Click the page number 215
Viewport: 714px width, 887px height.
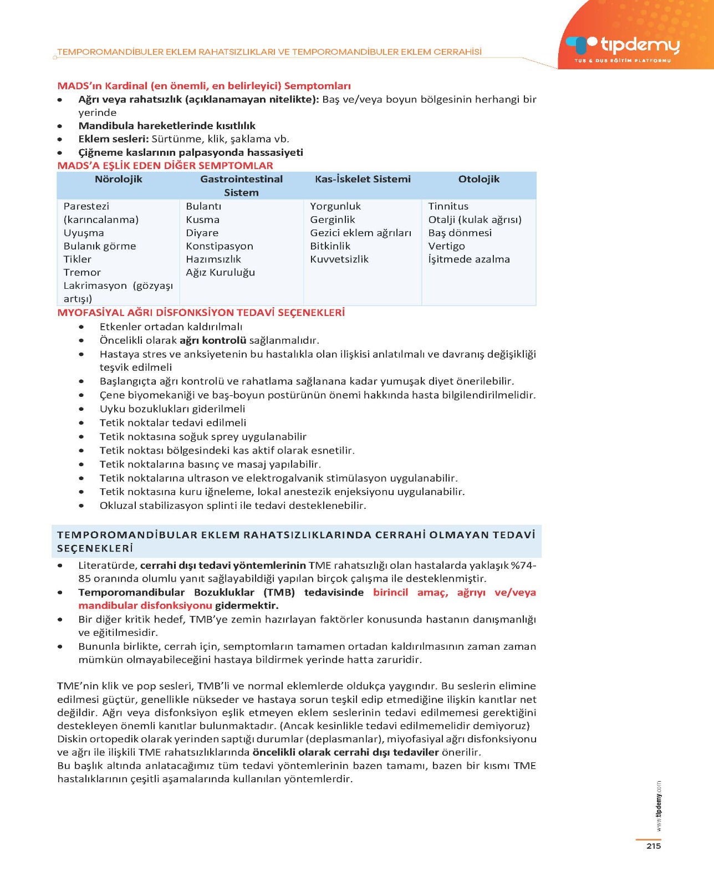point(654,846)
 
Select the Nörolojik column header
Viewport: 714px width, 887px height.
point(118,179)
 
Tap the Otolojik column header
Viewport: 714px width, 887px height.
point(478,179)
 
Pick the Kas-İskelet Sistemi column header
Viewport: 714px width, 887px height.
point(363,179)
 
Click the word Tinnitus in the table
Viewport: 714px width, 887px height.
point(448,206)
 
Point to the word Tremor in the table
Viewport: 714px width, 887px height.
point(82,272)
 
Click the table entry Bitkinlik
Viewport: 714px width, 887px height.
point(330,246)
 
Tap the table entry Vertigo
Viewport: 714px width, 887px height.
point(446,246)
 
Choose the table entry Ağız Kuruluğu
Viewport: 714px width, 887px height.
point(221,272)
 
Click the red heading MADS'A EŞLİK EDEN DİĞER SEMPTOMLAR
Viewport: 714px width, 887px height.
point(165,166)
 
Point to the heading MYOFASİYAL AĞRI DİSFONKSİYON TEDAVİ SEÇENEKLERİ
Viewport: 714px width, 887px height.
point(201,313)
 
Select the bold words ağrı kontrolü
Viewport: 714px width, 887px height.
point(212,340)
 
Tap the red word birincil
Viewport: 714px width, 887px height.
point(390,593)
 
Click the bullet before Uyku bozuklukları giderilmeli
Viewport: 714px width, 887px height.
point(81,409)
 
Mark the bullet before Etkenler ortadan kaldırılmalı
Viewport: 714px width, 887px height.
point(81,327)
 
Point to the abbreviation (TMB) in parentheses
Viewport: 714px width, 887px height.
point(279,593)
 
